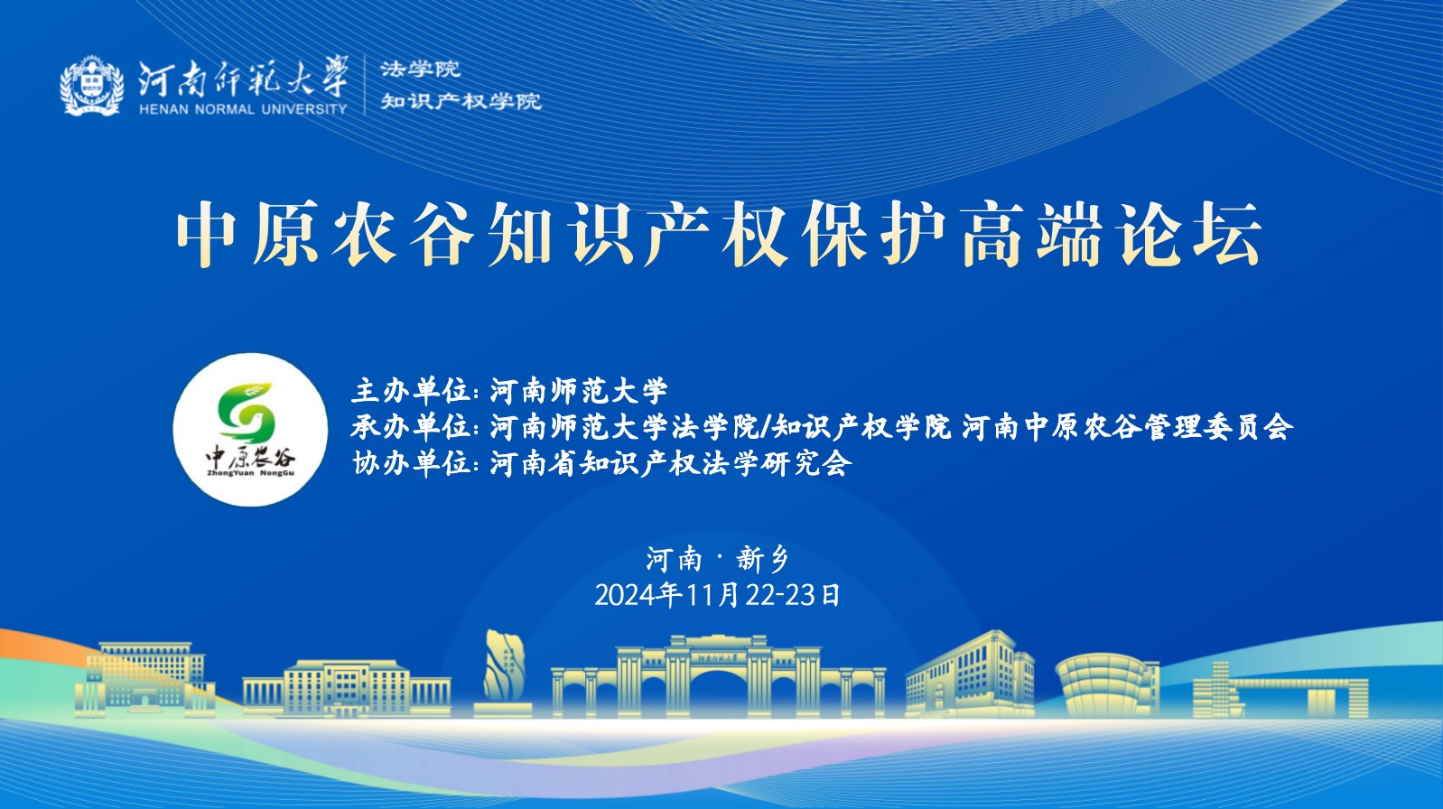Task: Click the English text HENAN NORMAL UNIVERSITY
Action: tap(243, 109)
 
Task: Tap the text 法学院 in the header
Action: tap(420, 70)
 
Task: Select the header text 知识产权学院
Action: tap(461, 101)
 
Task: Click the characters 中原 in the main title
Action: tap(248, 233)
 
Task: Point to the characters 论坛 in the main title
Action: tap(1190, 233)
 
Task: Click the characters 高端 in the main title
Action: tap(1033, 233)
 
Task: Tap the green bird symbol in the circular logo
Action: tap(247, 412)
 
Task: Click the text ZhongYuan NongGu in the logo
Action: tap(251, 473)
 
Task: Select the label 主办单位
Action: tap(411, 391)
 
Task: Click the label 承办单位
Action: tap(411, 427)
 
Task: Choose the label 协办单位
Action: tap(411, 463)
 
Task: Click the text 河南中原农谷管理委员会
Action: tap(1128, 427)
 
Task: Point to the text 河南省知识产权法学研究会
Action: tap(671, 463)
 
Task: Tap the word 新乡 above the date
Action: tap(763, 559)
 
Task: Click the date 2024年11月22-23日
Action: tap(718, 595)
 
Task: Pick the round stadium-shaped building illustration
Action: tap(1107, 686)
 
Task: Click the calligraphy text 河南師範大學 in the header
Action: tap(244, 78)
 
